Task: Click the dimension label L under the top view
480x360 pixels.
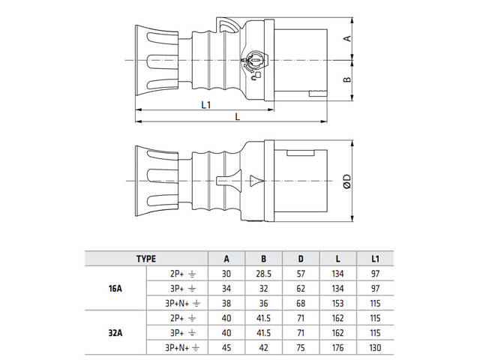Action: pyautogui.click(x=237, y=117)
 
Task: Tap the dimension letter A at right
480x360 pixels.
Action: pyautogui.click(x=346, y=38)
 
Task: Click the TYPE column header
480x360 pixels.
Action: pyautogui.click(x=145, y=259)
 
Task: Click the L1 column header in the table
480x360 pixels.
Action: pyautogui.click(x=375, y=259)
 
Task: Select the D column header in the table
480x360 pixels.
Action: pyautogui.click(x=300, y=259)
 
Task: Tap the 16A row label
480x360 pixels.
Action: pyautogui.click(x=117, y=288)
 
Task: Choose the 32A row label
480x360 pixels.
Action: pyautogui.click(x=117, y=331)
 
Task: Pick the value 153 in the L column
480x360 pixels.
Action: pyautogui.click(x=337, y=303)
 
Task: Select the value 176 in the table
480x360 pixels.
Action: pyautogui.click(x=337, y=346)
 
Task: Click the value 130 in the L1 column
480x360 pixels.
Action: pyautogui.click(x=375, y=346)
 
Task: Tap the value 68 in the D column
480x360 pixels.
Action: pyautogui.click(x=300, y=303)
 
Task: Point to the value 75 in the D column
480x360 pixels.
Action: pyautogui.click(x=300, y=346)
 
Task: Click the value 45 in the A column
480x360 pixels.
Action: pyautogui.click(x=227, y=346)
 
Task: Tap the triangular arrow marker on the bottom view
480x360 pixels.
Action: pyautogui.click(x=256, y=181)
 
